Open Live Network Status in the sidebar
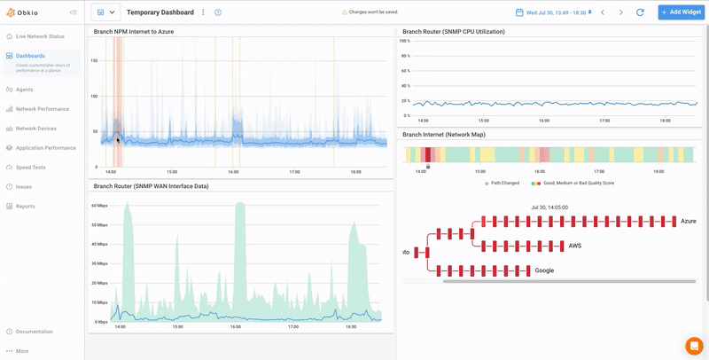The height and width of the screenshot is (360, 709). pyautogui.click(x=40, y=36)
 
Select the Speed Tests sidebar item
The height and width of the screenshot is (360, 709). pyautogui.click(x=30, y=167)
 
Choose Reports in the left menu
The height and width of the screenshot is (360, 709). pyautogui.click(x=25, y=206)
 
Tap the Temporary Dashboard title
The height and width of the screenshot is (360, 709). pyautogui.click(x=160, y=12)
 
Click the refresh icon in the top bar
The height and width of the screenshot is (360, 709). pyautogui.click(x=640, y=12)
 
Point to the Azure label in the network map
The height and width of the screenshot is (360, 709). pyautogui.click(x=689, y=221)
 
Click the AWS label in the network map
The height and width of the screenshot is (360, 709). pyautogui.click(x=575, y=246)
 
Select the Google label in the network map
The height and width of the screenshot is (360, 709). pyautogui.click(x=544, y=270)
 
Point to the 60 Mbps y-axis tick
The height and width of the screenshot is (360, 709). pyautogui.click(x=99, y=205)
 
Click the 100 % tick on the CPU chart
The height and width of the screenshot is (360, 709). pyautogui.click(x=404, y=41)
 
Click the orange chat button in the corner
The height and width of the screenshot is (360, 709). pyautogui.click(x=694, y=346)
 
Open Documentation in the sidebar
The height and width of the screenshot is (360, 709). pyautogui.click(x=34, y=332)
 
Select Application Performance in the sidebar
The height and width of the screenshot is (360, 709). pyautogui.click(x=45, y=148)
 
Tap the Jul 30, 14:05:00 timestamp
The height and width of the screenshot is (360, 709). pyautogui.click(x=549, y=207)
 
